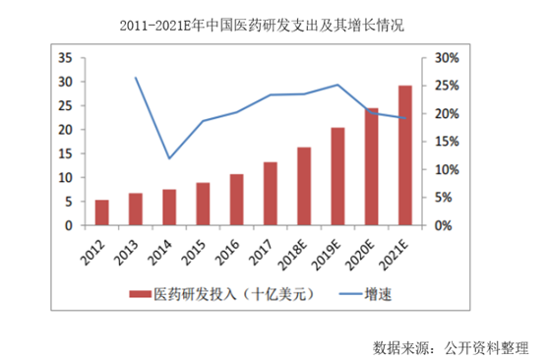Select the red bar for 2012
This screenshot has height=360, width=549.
101,212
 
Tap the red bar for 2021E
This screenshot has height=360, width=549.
404,155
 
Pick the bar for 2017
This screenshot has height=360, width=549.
271,194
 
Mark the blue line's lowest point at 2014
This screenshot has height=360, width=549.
169,158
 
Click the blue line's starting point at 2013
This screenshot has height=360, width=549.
136,78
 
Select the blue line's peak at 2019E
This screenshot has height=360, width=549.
337,85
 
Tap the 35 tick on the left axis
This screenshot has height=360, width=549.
68,58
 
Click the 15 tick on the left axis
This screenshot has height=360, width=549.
68,153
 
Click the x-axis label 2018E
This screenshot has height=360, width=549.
298,255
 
